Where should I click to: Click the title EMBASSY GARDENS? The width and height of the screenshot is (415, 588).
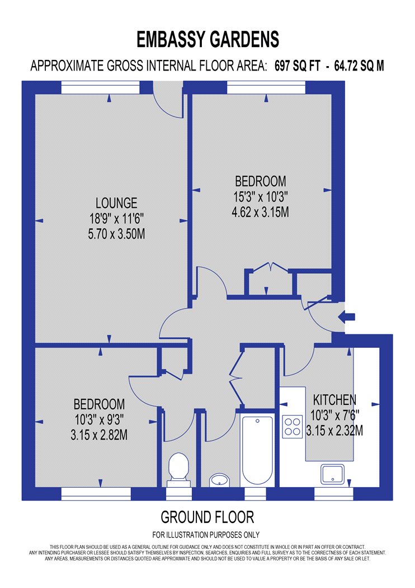tap(207, 40)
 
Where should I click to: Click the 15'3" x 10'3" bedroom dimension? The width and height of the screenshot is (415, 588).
tap(260, 197)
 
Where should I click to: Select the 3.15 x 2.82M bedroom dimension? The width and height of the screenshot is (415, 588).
tap(100, 435)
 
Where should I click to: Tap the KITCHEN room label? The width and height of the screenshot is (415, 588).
tap(334, 400)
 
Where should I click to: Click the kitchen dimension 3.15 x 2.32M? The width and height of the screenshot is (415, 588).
tap(334, 431)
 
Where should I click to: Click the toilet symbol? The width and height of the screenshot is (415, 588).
tap(177, 466)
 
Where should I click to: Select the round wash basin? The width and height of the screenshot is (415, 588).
tap(219, 479)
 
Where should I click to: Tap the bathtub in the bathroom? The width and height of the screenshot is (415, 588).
tap(257, 451)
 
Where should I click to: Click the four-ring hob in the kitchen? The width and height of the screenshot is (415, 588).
tap(292, 427)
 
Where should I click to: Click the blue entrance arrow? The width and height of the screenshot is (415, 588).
tap(347, 317)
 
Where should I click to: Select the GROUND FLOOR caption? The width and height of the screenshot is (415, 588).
tap(207, 516)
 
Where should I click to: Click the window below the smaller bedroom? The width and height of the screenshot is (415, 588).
tap(96, 493)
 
